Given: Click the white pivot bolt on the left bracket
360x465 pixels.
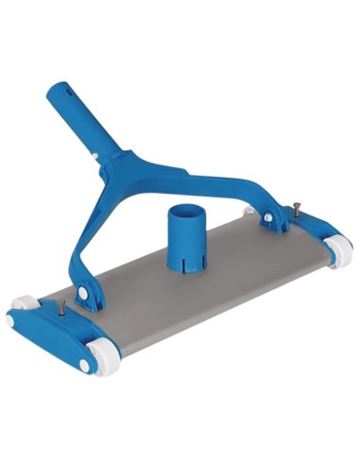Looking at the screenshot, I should [x=84, y=295].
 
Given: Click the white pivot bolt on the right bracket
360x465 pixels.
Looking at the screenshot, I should [x=269, y=219].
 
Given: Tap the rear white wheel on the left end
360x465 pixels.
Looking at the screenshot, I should [x=25, y=305].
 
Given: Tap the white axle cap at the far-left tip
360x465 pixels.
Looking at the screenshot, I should [x=12, y=321].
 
